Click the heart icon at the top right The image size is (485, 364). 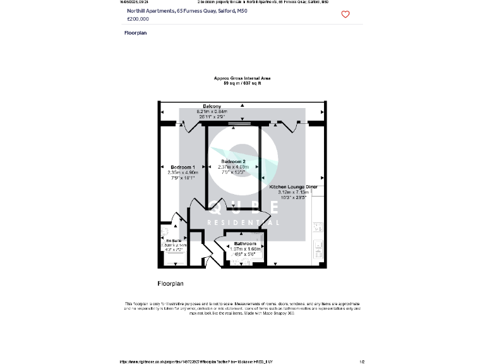345,15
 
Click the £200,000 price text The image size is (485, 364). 138,19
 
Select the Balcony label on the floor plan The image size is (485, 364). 212,106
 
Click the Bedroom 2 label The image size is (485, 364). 234,162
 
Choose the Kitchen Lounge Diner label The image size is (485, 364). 293,188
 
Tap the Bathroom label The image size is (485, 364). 245,244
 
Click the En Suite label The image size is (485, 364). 173,241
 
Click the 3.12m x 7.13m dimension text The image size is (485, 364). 293,193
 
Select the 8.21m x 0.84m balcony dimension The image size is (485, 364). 212,111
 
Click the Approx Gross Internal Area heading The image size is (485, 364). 242,78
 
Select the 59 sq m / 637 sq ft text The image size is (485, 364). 242,83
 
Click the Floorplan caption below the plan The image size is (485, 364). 170,284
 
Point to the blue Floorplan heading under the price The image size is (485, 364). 136,33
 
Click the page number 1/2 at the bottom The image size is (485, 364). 362,361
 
